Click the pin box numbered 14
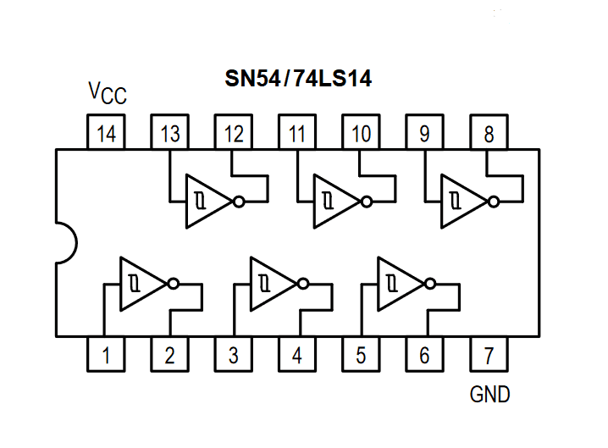tap(106, 133)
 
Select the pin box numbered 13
tap(169, 133)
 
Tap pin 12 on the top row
tap(234, 133)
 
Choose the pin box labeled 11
tap(297, 133)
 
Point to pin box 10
tap(361, 133)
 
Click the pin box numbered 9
tap(424, 133)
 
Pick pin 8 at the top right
tap(489, 133)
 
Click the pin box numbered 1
tap(106, 355)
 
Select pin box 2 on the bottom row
tap(169, 355)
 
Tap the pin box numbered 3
tap(234, 355)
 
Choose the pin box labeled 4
tap(297, 355)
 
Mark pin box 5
tap(361, 355)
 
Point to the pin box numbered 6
tap(424, 355)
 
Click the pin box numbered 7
tap(489, 355)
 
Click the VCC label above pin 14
tap(108, 94)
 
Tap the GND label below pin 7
tap(490, 395)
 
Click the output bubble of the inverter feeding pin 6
tap(432, 284)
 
